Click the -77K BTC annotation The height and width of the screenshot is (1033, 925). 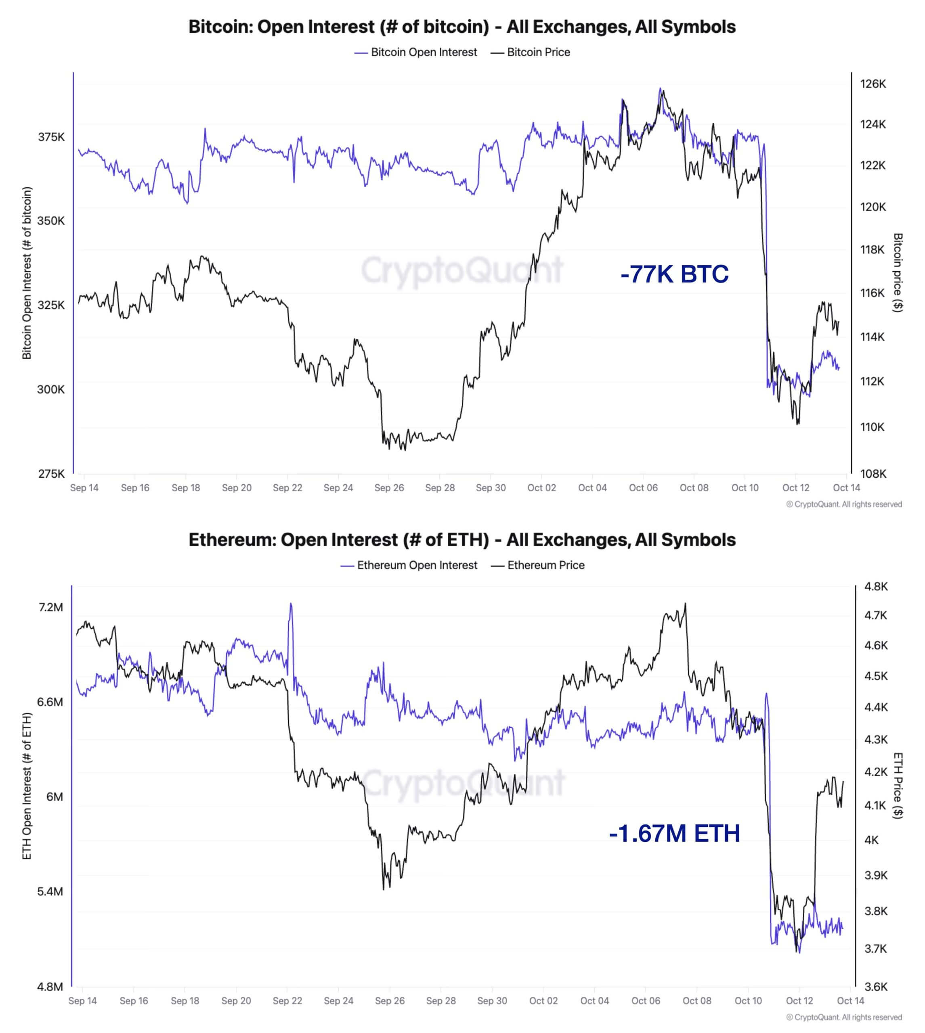(x=674, y=274)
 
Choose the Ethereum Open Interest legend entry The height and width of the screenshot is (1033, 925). (x=409, y=565)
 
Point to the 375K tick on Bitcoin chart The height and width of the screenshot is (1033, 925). (x=51, y=137)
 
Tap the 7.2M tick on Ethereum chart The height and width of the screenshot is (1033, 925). (x=50, y=607)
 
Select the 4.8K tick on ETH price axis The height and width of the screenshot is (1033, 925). (x=876, y=587)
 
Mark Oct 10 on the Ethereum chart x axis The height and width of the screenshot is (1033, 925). (x=748, y=1001)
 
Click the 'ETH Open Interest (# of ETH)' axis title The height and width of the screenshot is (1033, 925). (x=27, y=786)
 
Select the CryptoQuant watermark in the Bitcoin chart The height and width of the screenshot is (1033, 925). (x=462, y=270)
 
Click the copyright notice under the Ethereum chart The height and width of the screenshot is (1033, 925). (x=844, y=1017)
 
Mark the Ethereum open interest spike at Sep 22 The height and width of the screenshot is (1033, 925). (x=291, y=604)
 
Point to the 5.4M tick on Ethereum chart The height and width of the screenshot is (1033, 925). (x=50, y=892)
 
